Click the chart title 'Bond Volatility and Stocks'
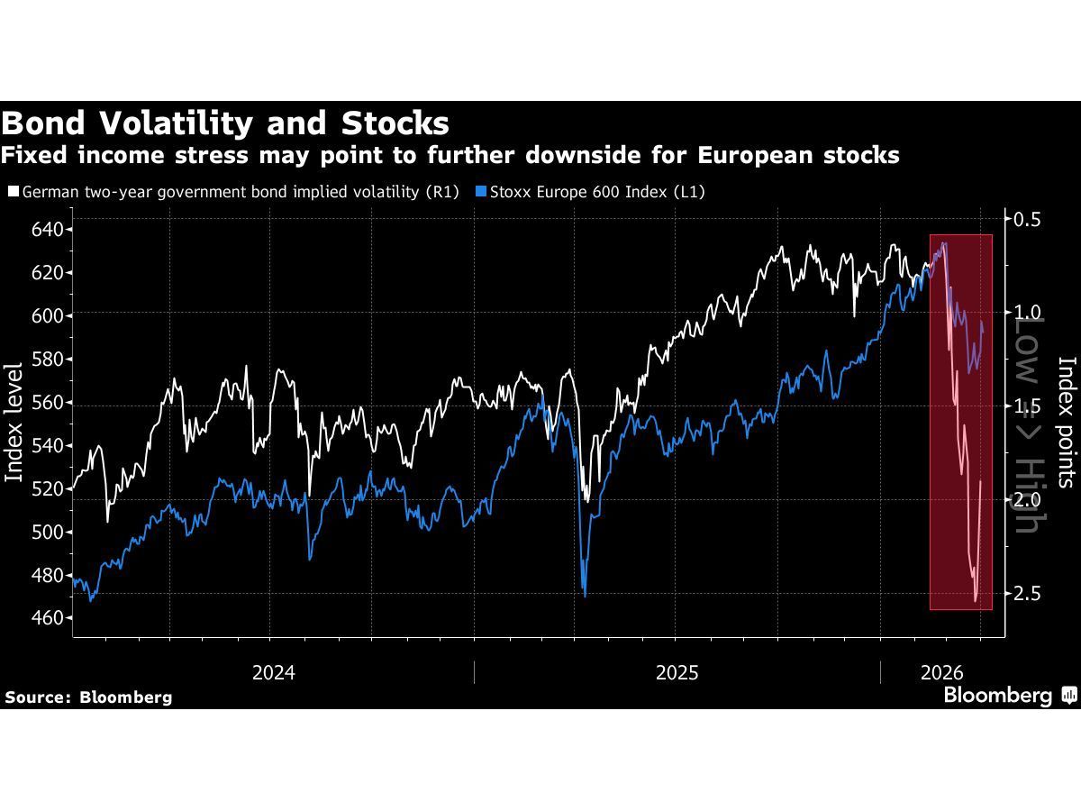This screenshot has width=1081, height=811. click(225, 123)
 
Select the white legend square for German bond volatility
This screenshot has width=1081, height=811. click(13, 192)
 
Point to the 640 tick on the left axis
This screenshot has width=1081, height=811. click(47, 230)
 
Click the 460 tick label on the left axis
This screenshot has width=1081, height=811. click(47, 618)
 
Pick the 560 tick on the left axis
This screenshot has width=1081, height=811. click(47, 402)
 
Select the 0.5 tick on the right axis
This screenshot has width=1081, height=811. click(1027, 220)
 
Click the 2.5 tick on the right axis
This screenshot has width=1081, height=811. click(1027, 593)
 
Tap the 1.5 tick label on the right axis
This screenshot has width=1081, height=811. click(1027, 406)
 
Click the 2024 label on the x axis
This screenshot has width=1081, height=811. click(274, 672)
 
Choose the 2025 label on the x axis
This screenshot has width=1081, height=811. click(677, 672)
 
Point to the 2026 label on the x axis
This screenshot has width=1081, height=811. click(942, 672)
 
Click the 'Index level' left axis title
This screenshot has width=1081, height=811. click(14, 422)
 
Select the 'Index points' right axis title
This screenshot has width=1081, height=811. click(1067, 422)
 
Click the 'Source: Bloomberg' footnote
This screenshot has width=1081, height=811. click(88, 697)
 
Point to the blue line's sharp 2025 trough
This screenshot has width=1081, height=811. click(585, 596)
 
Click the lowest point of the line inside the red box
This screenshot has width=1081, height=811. click(976, 600)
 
